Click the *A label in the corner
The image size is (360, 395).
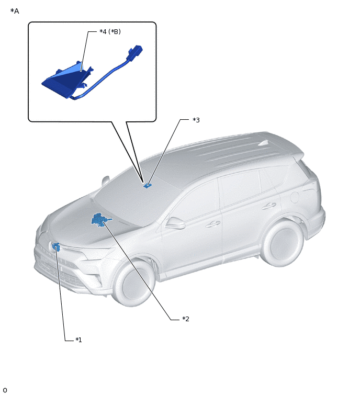[x=15, y=11]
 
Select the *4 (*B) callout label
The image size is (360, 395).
[x=110, y=31]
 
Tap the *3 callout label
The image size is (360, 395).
[x=196, y=120]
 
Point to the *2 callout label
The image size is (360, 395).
[x=186, y=319]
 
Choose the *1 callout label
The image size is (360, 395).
[x=78, y=340]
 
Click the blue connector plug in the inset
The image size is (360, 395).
[x=136, y=52]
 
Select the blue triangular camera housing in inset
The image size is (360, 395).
[x=67, y=80]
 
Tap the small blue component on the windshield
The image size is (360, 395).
[x=148, y=186]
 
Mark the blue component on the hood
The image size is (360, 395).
[x=101, y=220]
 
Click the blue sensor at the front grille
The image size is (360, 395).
[x=56, y=247]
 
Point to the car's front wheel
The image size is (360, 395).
[x=133, y=283]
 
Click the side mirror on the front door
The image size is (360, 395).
[x=175, y=223]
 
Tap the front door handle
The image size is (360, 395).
[x=213, y=224]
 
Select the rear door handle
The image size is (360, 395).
[x=269, y=206]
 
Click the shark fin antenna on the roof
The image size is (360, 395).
[x=264, y=143]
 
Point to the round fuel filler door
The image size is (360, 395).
[x=295, y=197]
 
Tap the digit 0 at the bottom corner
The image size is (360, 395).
[x=5, y=390]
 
